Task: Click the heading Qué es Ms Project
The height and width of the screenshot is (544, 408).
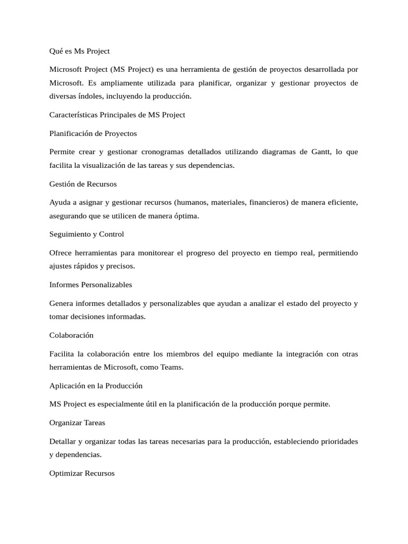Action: (80, 51)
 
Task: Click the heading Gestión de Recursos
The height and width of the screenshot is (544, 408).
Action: (83, 184)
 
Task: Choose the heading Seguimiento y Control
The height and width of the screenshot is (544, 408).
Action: (87, 234)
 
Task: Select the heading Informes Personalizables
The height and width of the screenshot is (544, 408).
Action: (91, 285)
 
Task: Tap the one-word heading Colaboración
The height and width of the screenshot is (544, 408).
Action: (71, 335)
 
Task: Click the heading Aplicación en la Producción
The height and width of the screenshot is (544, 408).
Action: (96, 386)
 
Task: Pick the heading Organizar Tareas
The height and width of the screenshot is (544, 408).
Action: (78, 423)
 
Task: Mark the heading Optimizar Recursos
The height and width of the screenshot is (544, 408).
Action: (82, 473)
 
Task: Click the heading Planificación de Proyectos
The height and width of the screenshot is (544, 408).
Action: (93, 133)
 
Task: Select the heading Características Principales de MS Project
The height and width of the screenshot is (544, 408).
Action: (117, 115)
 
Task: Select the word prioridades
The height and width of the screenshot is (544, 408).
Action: (334, 441)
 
